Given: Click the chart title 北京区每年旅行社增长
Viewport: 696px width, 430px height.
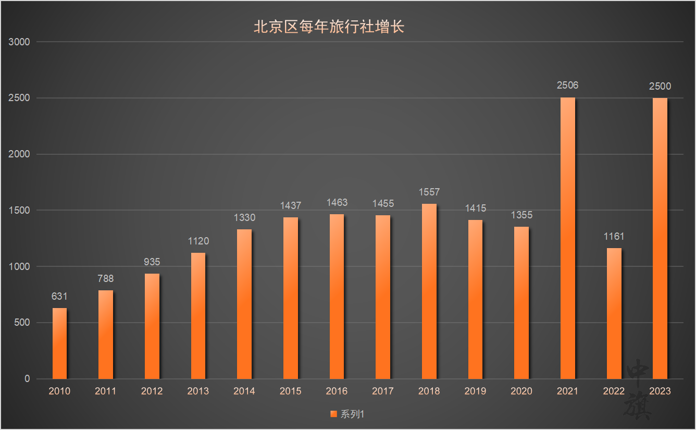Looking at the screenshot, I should pos(329,27).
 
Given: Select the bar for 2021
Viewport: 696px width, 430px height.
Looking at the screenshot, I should pos(568,238).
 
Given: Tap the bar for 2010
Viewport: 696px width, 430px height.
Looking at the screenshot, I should pos(59,343).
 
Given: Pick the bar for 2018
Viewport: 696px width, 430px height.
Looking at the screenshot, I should pos(429,291).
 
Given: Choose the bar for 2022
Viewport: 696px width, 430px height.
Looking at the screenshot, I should pos(614,313).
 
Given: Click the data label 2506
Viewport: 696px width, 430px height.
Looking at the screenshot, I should pos(568,85).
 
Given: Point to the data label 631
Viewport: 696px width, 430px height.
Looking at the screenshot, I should pos(59,296).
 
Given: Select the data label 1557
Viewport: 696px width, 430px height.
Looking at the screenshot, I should pos(429,192).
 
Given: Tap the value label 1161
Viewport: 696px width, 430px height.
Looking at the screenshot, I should pos(614,236).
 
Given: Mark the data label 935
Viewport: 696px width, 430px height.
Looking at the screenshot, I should pos(152,262).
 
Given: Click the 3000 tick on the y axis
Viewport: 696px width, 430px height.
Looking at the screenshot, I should pos(20,42).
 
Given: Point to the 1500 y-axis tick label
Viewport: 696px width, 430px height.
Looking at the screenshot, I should pos(20,210).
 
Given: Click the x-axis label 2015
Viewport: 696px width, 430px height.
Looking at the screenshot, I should pos(290,391).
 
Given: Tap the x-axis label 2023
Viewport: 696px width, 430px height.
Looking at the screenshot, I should pos(660,391).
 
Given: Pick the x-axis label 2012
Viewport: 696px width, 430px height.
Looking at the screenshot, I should pos(152,391).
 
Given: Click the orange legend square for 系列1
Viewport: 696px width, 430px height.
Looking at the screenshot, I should pos(334,414).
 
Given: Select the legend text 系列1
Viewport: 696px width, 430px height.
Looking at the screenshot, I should pos(352,414).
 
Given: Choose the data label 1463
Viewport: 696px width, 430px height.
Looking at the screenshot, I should pos(337,202).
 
